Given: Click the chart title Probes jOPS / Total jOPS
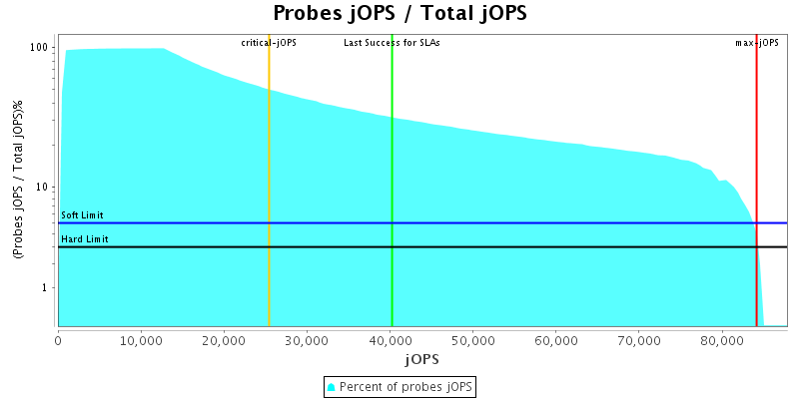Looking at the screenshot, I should click(x=399, y=14).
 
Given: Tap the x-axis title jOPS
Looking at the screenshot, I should click(x=421, y=358).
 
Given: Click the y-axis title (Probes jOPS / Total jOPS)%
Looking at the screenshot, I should click(x=18, y=181).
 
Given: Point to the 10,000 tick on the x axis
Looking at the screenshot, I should click(x=141, y=339).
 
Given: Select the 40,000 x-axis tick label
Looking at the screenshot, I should click(x=390, y=339).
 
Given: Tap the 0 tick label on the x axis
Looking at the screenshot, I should click(x=58, y=339).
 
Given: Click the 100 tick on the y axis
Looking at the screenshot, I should click(x=41, y=48).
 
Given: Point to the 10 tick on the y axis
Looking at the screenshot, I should click(x=44, y=188).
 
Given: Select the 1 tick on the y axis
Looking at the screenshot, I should click(x=47, y=288).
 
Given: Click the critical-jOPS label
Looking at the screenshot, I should click(x=269, y=43).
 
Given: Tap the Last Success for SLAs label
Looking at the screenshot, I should click(x=392, y=43).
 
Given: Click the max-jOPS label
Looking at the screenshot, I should click(x=757, y=43).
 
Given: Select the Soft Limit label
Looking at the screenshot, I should click(x=82, y=215).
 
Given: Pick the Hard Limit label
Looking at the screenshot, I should click(x=83, y=239).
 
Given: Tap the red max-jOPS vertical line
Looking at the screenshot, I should click(x=756, y=150).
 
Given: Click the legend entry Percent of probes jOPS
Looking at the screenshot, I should click(x=399, y=386).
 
